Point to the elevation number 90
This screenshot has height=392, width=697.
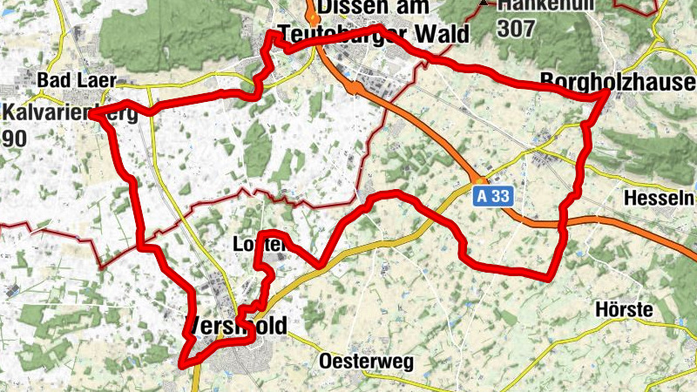tap(15, 139)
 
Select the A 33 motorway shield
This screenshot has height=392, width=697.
tap(491, 198)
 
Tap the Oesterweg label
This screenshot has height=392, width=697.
tap(366, 361)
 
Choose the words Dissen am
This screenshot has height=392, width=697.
tap(374, 9)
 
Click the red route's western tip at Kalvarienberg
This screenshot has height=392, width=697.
tap(93, 114)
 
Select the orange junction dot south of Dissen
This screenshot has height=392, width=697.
tap(355, 87)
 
